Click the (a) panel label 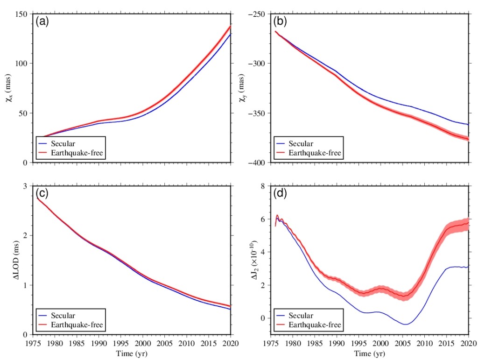42,21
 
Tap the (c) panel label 42,193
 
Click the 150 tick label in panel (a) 21,14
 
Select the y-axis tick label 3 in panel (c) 25,186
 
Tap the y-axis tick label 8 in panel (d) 264,186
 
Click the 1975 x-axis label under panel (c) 32,343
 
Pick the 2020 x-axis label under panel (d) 468,343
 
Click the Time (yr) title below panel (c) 131,353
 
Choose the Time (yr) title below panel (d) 370,353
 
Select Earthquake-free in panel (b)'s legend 315,153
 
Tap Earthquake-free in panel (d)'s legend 315,325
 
